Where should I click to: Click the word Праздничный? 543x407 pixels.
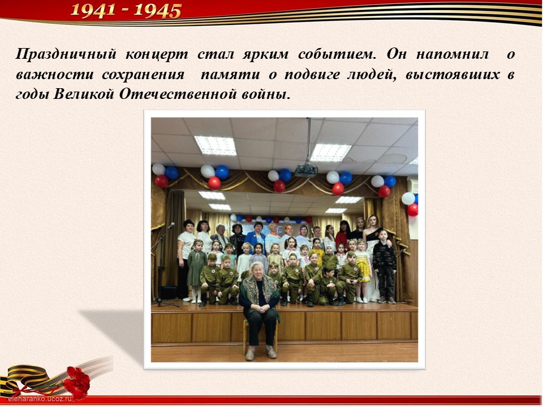click(66, 55)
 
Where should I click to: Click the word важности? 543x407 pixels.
click(54, 75)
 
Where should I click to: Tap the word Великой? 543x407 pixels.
click(84, 94)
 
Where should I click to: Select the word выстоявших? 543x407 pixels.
click(453, 75)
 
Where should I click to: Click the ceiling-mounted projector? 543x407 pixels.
click(306, 170)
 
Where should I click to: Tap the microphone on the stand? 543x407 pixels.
click(171, 226)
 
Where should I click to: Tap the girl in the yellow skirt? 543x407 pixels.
click(362, 270)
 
